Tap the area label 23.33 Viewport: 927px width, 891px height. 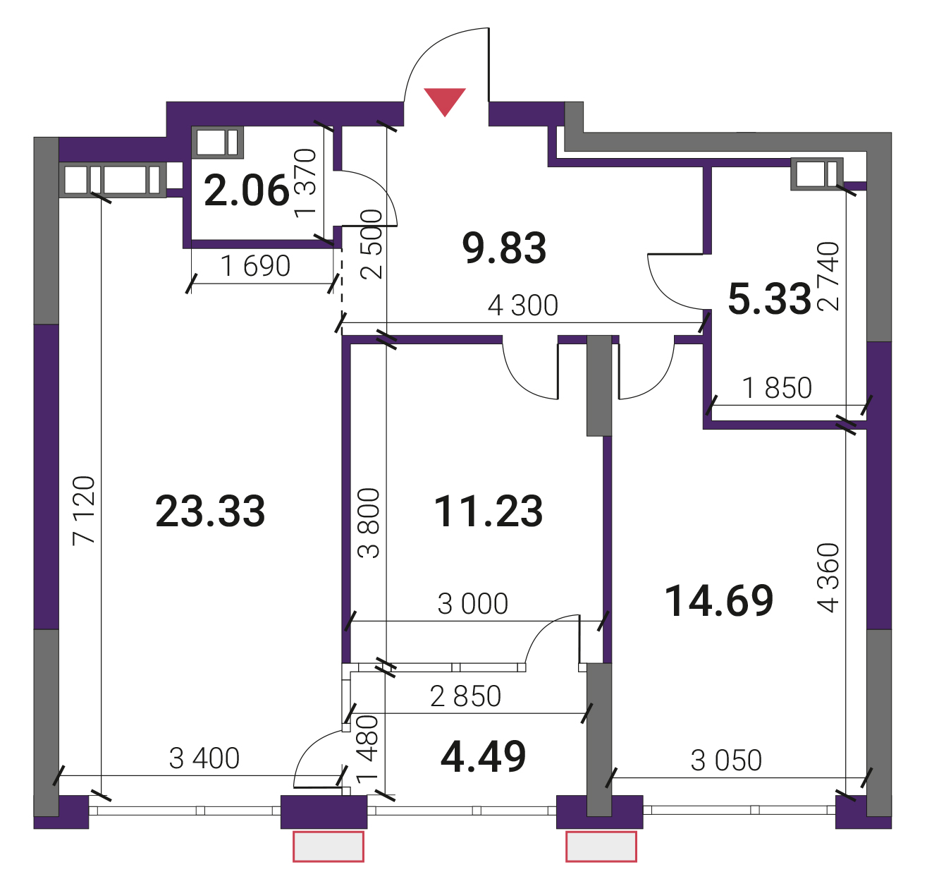tap(210, 511)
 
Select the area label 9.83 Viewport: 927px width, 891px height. tap(505, 248)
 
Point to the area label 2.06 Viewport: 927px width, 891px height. tap(246, 190)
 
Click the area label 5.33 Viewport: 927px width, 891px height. tap(770, 299)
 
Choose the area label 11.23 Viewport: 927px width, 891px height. tap(489, 511)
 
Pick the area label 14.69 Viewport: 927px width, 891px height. tap(719, 600)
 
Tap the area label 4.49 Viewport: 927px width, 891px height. tap(483, 756)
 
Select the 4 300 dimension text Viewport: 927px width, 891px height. tap(522, 305)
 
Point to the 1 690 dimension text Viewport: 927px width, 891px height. tap(256, 266)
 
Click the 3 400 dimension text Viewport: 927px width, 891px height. tap(204, 758)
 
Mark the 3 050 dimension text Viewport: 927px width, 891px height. tap(727, 760)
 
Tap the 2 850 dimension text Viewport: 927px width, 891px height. tap(465, 696)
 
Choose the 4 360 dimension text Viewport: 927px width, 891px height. tap(828, 578)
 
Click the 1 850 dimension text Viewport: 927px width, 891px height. tap(777, 387)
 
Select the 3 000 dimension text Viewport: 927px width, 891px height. tap(473, 604)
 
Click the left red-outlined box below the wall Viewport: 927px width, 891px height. tap(329, 847)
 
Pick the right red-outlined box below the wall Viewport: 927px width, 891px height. tap(601, 847)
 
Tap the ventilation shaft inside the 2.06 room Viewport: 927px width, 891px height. tap(217, 142)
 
